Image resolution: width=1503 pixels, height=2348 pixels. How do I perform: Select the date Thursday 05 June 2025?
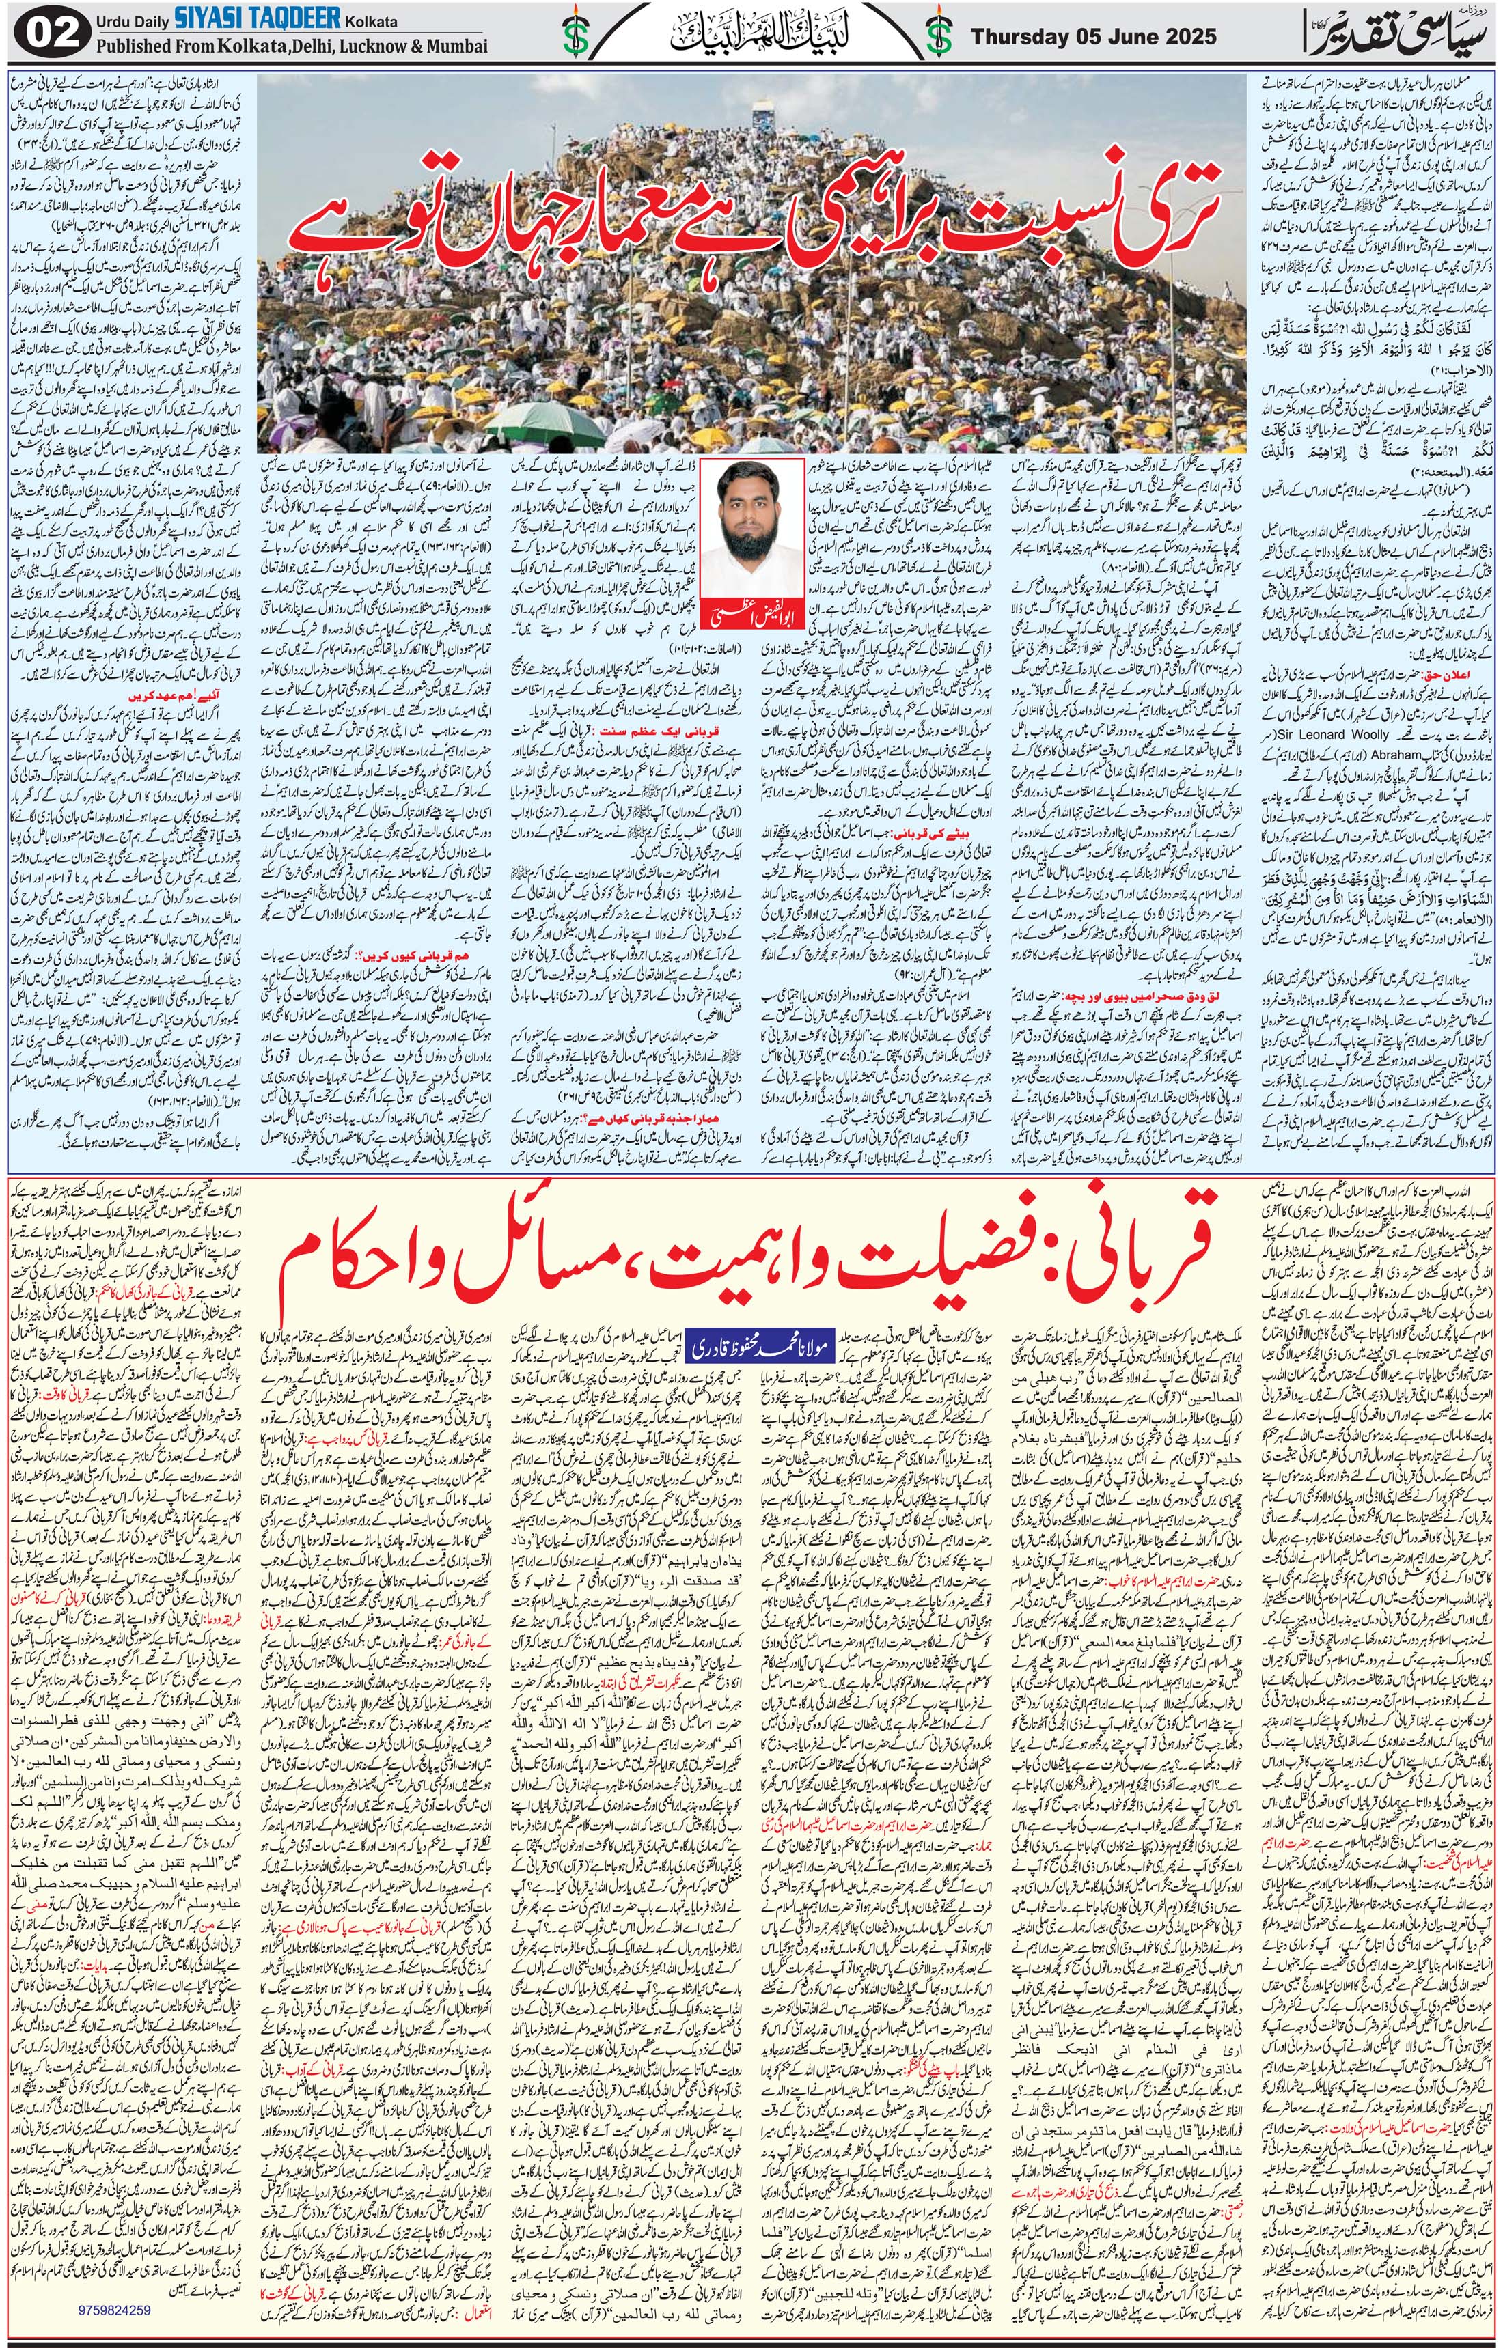click(1093, 36)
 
